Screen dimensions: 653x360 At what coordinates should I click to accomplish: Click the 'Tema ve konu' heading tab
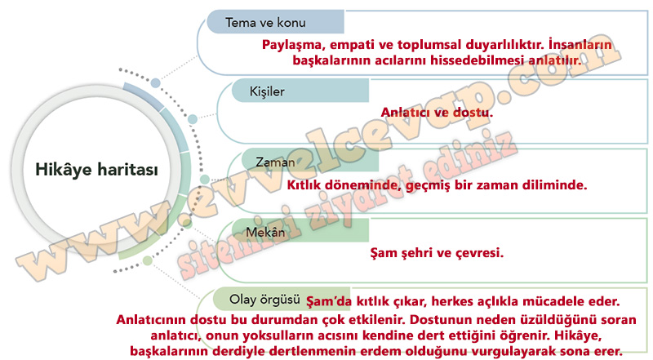[x=275, y=22]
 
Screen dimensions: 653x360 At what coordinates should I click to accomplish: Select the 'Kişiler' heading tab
[x=300, y=91]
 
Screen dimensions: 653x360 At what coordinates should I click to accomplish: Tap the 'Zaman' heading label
[x=275, y=162]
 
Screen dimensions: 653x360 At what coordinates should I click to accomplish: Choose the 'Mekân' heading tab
[x=300, y=231]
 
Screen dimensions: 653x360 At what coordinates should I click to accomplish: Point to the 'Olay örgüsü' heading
[x=264, y=299]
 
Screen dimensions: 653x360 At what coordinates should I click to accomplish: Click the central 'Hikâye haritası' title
[x=96, y=170]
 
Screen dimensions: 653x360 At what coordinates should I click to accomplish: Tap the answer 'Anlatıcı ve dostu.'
[x=437, y=112]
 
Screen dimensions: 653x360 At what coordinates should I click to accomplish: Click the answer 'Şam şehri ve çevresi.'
[x=437, y=252]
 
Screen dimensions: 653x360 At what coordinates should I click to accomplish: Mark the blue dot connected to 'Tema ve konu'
[x=155, y=82]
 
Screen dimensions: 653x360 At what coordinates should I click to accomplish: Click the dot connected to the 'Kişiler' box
[x=193, y=119]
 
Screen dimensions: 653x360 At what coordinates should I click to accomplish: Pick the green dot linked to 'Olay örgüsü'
[x=148, y=261]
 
